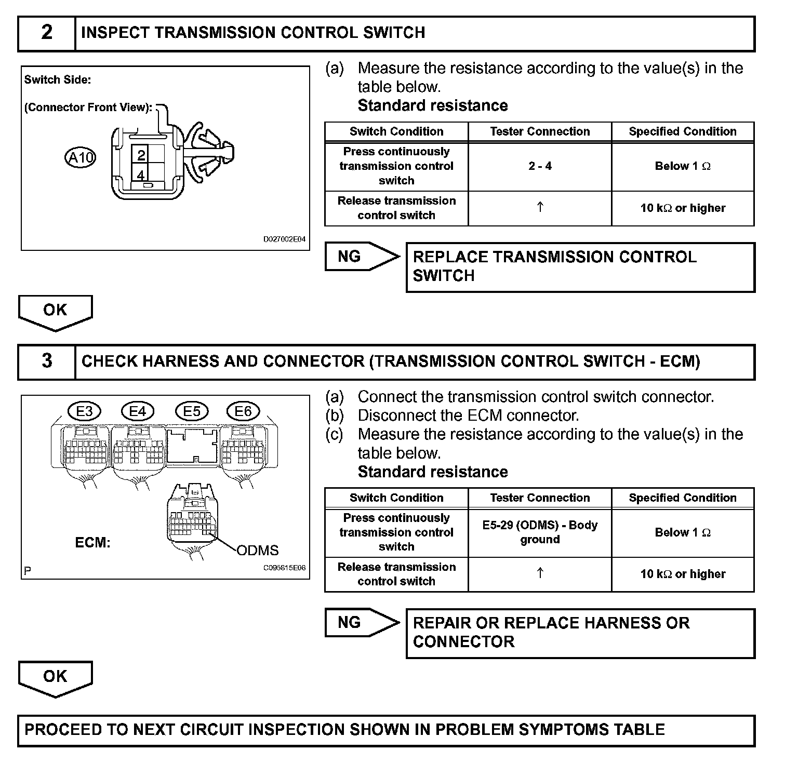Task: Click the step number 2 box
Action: [x=47, y=33]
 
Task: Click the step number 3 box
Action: [x=47, y=361]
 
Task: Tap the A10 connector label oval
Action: [x=81, y=157]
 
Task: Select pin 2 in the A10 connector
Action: [x=141, y=155]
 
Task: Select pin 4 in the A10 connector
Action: [x=141, y=175]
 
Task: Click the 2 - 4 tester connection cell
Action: [x=540, y=166]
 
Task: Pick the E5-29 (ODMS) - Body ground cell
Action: [x=540, y=532]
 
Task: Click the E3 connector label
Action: [x=84, y=412]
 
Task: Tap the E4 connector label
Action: [x=137, y=412]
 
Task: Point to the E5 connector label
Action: [x=192, y=412]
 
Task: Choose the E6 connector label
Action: [x=243, y=412]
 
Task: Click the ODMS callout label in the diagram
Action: [x=257, y=551]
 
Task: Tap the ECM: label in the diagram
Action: [x=92, y=543]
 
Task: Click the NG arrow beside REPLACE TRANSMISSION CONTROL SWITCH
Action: [x=361, y=257]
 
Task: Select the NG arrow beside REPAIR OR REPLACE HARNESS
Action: [x=361, y=622]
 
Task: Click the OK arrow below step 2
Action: [x=55, y=312]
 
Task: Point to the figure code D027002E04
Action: [x=284, y=239]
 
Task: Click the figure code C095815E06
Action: [x=284, y=568]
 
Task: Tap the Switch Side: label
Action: [x=58, y=80]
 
